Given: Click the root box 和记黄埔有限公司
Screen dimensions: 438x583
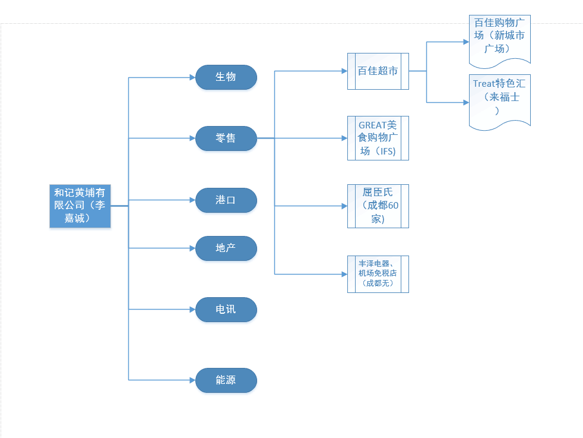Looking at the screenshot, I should point(80,206).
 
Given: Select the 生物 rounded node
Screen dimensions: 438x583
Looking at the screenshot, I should point(226,77).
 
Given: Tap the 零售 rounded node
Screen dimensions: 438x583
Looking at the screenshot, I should point(226,138).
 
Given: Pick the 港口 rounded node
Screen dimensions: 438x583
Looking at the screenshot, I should point(226,200).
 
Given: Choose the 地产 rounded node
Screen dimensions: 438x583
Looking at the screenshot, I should point(226,248).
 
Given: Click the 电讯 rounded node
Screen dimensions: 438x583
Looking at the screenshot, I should point(226,310).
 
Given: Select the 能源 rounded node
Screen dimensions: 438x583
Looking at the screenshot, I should point(226,380).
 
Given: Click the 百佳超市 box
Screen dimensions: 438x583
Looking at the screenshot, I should point(378,71).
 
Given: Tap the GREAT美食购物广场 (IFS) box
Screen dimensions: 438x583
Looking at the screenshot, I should point(378,138).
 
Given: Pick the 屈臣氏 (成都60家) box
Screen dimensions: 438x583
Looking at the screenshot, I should point(378,206).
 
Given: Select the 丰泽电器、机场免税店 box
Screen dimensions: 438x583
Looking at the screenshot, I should point(378,274).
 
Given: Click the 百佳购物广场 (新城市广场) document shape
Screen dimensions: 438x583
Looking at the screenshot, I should point(499,38).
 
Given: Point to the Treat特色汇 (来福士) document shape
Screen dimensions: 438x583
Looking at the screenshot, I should point(499,100).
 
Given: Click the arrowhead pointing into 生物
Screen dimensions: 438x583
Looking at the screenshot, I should point(192,77).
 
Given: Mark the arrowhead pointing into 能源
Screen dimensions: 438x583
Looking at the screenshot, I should point(192,380).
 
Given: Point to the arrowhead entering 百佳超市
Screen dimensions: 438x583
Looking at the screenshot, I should point(344,71).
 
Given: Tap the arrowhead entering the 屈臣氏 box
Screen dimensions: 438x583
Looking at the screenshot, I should point(344,206).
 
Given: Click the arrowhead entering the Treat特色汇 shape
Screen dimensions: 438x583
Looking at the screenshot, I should point(465,103).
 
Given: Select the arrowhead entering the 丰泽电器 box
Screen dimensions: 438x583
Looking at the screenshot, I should point(344,274).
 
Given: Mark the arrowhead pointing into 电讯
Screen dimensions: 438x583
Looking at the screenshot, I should point(192,310).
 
